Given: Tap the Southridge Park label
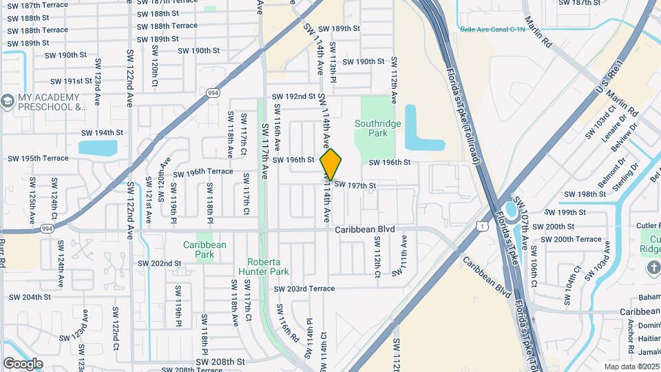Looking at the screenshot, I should tap(377, 128).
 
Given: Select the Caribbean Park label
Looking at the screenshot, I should tap(204, 249).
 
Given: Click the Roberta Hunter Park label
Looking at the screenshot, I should tap(264, 267).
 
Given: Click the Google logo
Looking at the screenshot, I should tap(23, 363).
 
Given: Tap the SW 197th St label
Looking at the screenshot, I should tap(355, 185).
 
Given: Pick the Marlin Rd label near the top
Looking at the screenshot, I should tap(538, 32).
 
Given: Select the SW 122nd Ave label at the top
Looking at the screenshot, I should tap(129, 77).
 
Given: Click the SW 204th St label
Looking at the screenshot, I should tap(29, 297).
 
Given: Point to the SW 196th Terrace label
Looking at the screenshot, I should tap(203, 172).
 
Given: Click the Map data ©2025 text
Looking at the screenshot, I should tap(631, 366).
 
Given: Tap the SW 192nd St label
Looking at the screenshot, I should tap(293, 96).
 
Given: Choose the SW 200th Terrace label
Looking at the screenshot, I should tap(571, 239).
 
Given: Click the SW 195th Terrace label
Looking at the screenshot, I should tap(38, 158).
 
